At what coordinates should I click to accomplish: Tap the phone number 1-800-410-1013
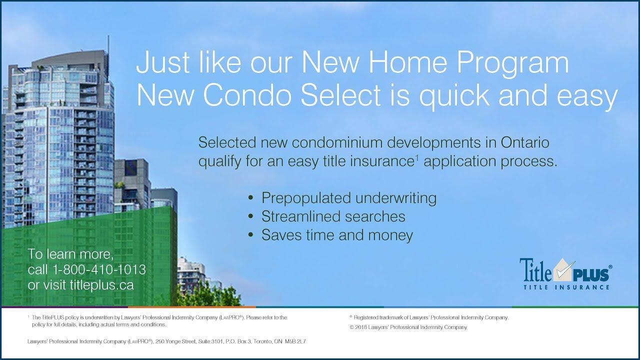coord(99,270)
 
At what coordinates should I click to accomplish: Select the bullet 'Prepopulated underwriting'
coord(348,198)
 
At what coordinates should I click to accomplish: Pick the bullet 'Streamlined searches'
coord(333,216)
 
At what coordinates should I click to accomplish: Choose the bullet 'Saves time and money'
coord(337,235)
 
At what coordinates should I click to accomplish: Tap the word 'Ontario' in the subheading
coord(524,142)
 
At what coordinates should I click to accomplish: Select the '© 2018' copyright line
coord(408,327)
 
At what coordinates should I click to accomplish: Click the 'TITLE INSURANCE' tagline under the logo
coord(566,287)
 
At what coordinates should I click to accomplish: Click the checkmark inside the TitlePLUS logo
coord(562,272)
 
